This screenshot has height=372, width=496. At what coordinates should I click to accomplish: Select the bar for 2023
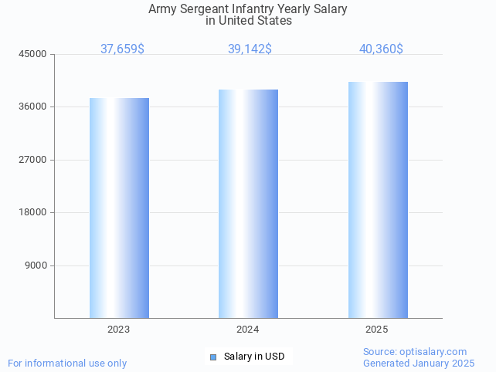point(119,208)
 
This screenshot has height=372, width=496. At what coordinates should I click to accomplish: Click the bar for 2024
point(248,204)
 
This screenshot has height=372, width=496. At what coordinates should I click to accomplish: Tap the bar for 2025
point(378,200)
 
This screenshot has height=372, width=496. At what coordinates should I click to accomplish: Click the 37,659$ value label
point(122,49)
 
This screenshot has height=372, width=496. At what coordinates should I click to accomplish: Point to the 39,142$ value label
point(250,49)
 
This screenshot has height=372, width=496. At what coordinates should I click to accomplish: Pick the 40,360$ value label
point(381,49)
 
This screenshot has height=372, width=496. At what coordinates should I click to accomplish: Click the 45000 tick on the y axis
point(34,54)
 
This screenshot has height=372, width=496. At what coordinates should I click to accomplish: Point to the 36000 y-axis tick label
point(34,107)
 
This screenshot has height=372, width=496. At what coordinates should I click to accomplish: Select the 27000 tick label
point(34,160)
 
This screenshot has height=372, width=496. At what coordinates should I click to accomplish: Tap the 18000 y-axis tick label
point(34,213)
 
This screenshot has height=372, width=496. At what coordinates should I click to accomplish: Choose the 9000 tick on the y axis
point(36,265)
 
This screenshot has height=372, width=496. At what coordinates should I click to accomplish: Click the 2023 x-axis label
point(119,330)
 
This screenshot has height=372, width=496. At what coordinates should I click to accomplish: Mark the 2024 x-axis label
point(248,330)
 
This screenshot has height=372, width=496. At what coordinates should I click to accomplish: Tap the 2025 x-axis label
point(377,330)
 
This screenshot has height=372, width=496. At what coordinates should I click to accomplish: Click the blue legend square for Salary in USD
point(213,357)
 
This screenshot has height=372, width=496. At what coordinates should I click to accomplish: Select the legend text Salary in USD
point(254,357)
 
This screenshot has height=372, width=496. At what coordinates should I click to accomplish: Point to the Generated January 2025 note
point(419,363)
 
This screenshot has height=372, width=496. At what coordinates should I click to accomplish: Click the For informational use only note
point(67,363)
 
